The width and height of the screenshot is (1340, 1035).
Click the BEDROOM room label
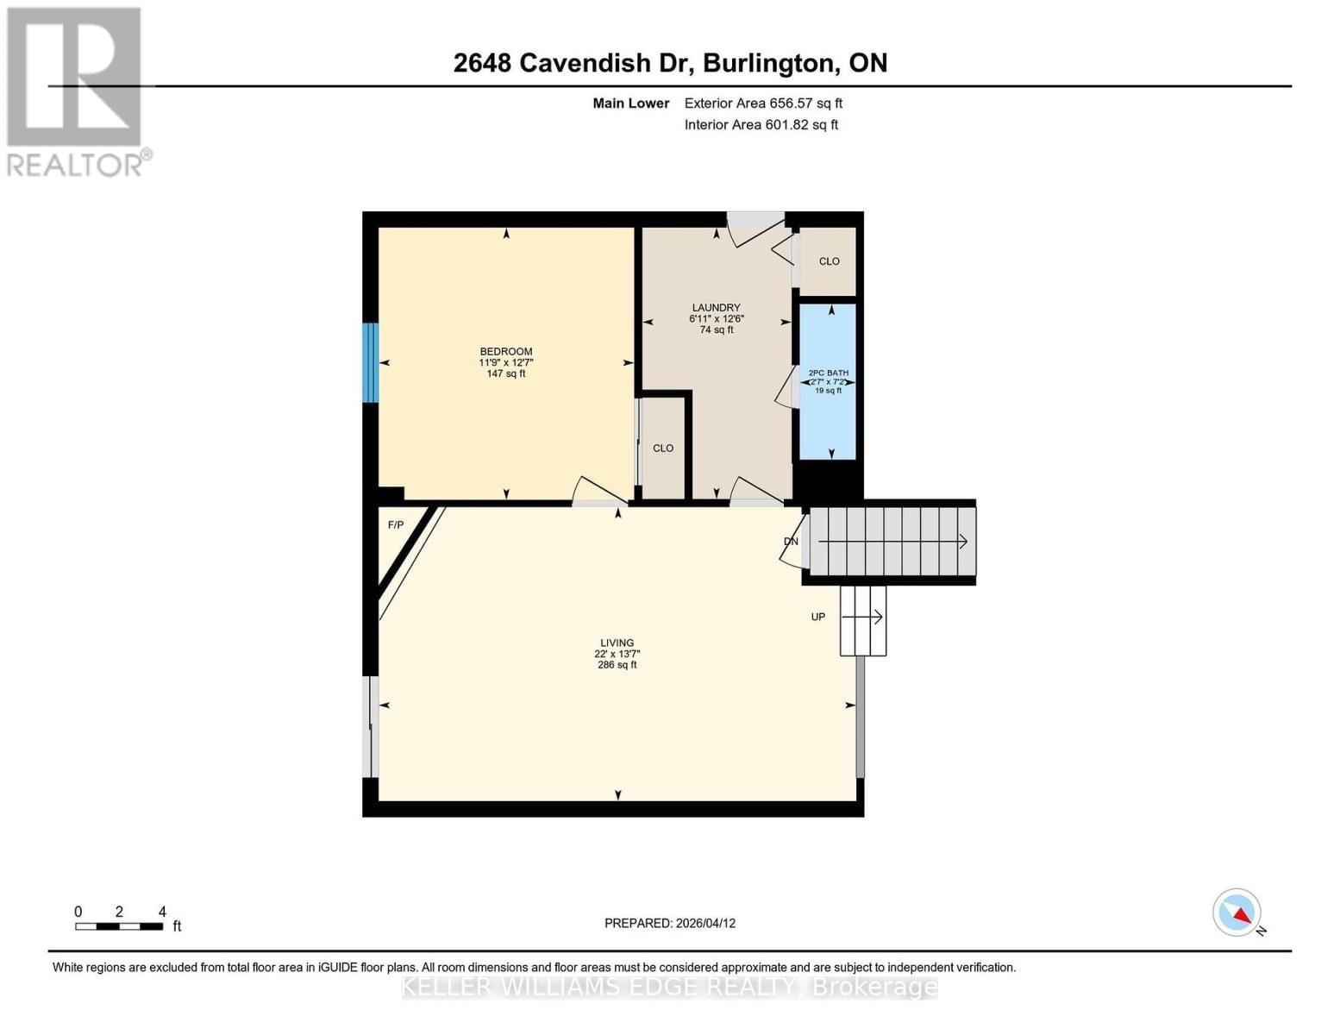click(x=505, y=351)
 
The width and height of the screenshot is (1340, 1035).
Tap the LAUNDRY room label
click(x=716, y=308)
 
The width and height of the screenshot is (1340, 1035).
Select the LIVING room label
click(x=617, y=643)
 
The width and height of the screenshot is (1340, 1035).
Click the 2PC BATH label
click(x=828, y=373)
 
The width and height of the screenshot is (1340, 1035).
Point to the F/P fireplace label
click(x=396, y=524)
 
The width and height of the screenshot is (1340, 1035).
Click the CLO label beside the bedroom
click(x=663, y=448)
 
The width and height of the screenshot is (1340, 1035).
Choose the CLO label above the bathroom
click(x=829, y=261)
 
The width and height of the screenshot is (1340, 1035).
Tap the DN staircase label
click(x=791, y=542)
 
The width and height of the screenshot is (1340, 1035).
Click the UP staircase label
click(x=817, y=617)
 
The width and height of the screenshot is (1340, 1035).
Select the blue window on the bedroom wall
click(x=370, y=362)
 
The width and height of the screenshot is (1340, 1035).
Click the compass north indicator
click(x=1238, y=913)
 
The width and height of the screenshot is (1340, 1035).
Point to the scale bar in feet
click(x=119, y=926)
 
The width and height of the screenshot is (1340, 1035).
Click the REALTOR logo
click(x=76, y=91)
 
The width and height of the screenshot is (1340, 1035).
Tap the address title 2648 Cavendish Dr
click(x=670, y=63)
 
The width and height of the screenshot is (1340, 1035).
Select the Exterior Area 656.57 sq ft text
click(x=763, y=103)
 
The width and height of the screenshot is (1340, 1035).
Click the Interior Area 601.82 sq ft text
click(x=761, y=125)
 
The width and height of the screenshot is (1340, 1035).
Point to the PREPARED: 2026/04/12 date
click(x=669, y=923)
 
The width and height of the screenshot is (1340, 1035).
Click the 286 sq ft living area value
click(x=617, y=665)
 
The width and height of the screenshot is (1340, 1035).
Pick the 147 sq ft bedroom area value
click(x=505, y=373)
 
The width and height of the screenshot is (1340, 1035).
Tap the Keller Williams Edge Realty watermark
click(x=669, y=987)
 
